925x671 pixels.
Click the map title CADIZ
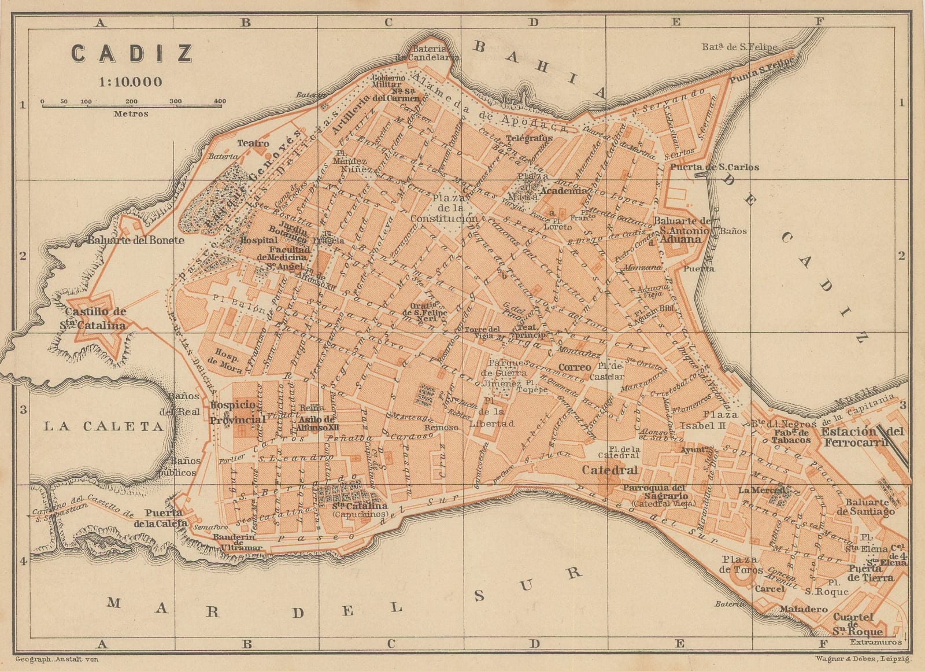coord(132,54)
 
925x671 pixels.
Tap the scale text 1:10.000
coord(131,82)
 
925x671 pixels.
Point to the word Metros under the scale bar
coord(131,114)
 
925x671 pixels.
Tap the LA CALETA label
coord(104,426)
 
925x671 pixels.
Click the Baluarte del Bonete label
coord(136,240)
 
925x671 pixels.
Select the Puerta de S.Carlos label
coord(714,167)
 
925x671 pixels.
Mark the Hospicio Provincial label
coord(237,412)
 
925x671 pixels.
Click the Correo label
coord(575,367)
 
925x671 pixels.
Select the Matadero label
coord(800,609)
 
